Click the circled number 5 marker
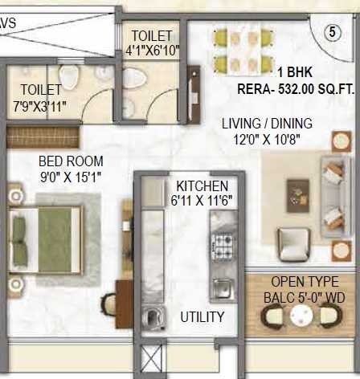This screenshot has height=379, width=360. [x=330, y=33]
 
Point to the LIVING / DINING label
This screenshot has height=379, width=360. [x=267, y=124]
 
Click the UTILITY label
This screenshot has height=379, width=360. [x=202, y=316]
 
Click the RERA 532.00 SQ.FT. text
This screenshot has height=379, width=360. [x=296, y=91]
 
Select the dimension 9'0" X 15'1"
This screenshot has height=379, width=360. [x=71, y=176]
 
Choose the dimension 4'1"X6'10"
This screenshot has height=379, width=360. [x=153, y=51]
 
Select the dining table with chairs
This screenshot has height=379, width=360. [x=244, y=49]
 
